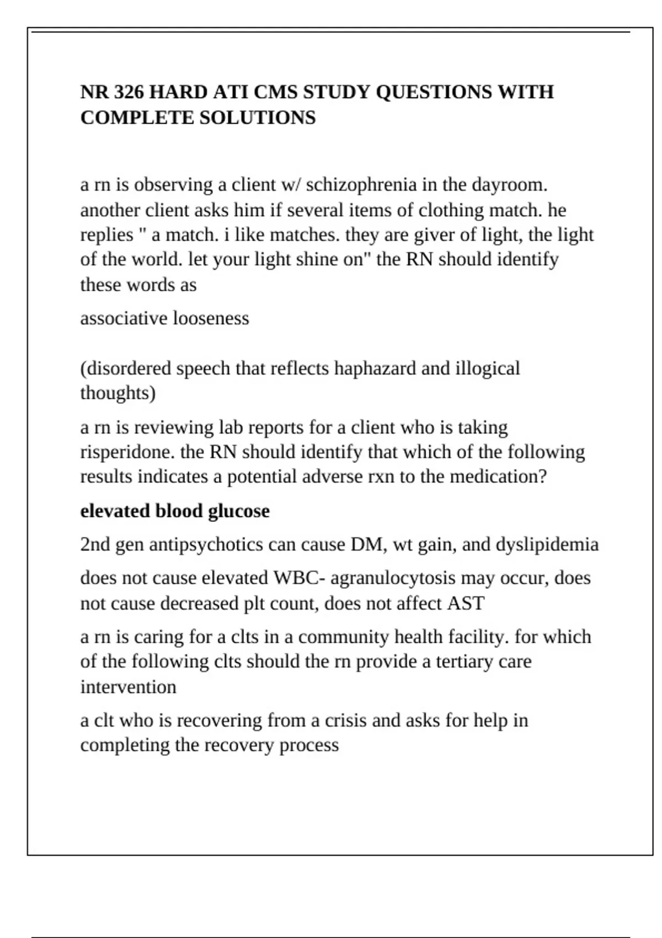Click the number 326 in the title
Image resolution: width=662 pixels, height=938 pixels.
(129, 92)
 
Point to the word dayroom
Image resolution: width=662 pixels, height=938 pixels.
(509, 184)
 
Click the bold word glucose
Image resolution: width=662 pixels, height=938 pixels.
(239, 511)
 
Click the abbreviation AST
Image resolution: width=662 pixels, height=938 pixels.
(466, 604)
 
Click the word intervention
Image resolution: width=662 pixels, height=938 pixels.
(128, 687)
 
